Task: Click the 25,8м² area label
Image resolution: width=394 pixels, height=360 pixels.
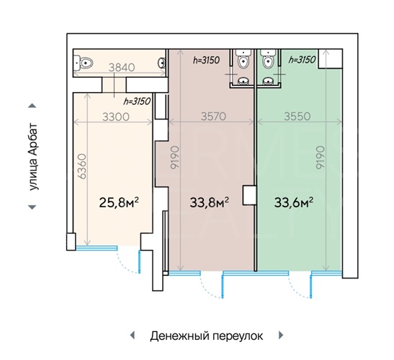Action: tap(119, 202)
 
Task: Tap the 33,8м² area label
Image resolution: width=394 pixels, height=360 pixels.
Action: tap(210, 202)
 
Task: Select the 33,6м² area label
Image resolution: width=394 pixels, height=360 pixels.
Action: tap(293, 202)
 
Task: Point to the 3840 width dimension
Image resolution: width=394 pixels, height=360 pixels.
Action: tap(122, 68)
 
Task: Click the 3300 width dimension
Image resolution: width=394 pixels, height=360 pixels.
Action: tap(116, 117)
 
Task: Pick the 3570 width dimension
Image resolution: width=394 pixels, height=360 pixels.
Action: tap(214, 117)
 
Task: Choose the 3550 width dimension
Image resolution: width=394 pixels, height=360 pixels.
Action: tap(297, 117)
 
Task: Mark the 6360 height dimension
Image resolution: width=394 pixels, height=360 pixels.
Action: tap(82, 166)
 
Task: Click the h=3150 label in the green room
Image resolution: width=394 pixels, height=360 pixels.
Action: tap(302, 60)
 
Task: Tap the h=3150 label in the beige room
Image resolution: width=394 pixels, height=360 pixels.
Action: tap(137, 102)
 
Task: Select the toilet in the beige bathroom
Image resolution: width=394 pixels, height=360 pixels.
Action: tap(84, 63)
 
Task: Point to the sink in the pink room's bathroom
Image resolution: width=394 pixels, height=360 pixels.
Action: tap(243, 81)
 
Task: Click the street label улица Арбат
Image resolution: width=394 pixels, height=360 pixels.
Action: tap(33, 156)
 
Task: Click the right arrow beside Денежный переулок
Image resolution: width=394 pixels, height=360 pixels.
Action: tap(281, 335)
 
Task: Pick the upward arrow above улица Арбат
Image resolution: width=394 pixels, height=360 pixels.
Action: tap(32, 106)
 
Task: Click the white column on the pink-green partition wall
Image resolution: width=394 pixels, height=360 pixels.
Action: tap(249, 195)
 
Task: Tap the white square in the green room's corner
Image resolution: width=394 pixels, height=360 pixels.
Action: tap(330, 58)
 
